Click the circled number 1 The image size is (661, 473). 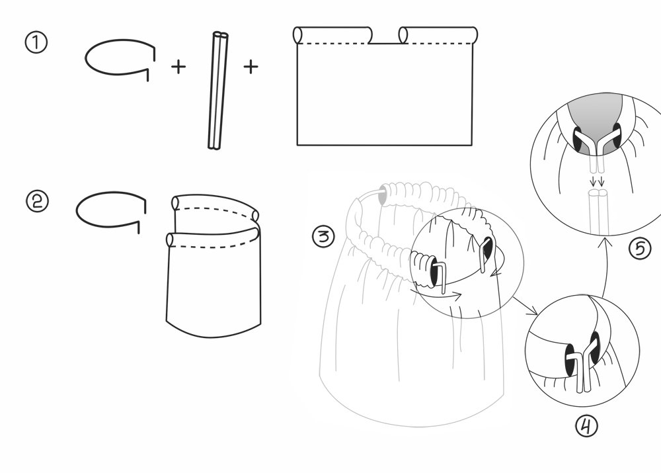pyautogui.click(x=36, y=43)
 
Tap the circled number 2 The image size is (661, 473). pyautogui.click(x=38, y=201)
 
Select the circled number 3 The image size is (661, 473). pyautogui.click(x=323, y=236)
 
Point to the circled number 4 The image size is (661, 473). pyautogui.click(x=587, y=426)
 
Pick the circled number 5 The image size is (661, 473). pyautogui.click(x=640, y=248)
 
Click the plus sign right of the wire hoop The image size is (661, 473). pyautogui.click(x=178, y=67)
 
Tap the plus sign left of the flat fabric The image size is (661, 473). pyautogui.click(x=251, y=67)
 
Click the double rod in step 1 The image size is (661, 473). pyautogui.click(x=218, y=90)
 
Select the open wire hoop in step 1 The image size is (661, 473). pyautogui.click(x=120, y=40)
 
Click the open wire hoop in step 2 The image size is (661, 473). pyautogui.click(x=110, y=193)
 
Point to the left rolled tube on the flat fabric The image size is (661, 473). pyautogui.click(x=332, y=35)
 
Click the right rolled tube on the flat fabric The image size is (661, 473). pyautogui.click(x=438, y=35)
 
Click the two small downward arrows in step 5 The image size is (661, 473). pyautogui.click(x=598, y=181)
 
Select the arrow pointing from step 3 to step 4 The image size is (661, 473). pyautogui.click(x=525, y=306)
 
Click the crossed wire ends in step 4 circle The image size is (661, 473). pyautogui.click(x=584, y=368)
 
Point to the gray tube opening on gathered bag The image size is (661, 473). pyautogui.click(x=383, y=194)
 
